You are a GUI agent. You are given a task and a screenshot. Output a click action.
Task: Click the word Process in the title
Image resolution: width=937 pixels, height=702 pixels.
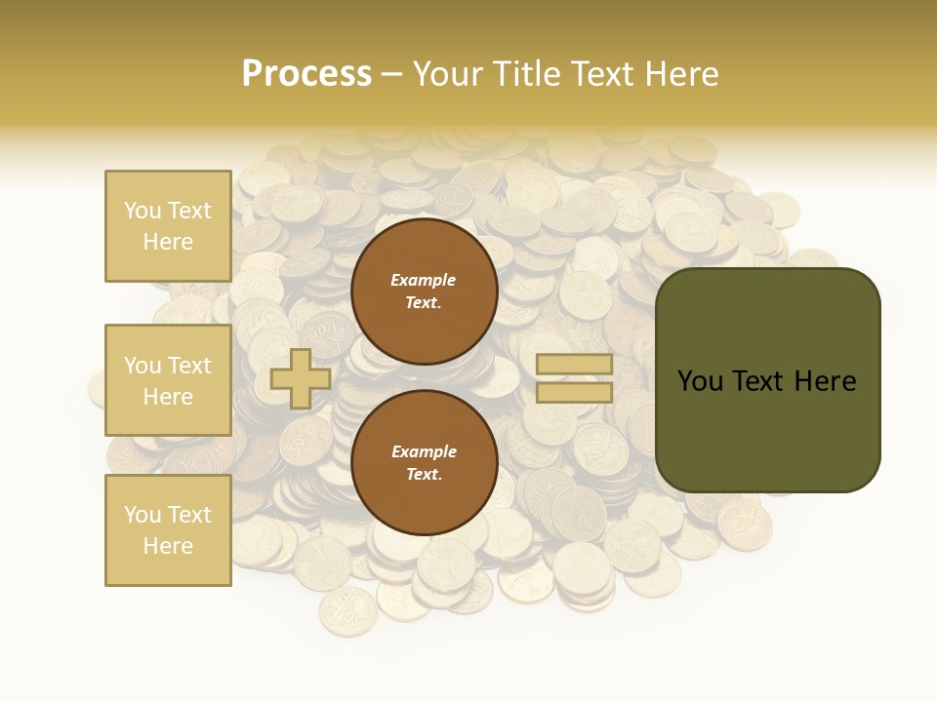coord(306,74)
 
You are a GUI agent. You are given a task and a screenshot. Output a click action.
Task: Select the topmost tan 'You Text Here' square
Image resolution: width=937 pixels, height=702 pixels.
coord(168,226)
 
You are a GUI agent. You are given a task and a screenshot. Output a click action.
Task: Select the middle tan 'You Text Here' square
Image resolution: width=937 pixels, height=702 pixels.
coord(168,380)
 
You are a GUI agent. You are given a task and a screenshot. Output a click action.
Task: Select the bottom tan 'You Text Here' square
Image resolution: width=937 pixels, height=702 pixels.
coord(168,529)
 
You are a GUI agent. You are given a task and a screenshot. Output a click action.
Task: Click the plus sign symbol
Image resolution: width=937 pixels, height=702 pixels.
coord(301,378)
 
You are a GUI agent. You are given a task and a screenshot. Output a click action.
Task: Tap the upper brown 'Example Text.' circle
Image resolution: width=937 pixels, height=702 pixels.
coord(424,292)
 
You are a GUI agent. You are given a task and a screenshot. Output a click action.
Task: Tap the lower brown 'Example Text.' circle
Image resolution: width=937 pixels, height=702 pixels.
coord(424,463)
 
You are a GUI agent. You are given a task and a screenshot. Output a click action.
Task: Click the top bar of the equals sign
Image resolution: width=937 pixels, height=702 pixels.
coord(574,365)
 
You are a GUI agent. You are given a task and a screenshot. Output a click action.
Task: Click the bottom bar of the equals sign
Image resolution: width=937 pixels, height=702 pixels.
coord(574,393)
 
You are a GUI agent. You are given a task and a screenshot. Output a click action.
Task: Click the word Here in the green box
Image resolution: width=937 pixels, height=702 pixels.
coord(826,381)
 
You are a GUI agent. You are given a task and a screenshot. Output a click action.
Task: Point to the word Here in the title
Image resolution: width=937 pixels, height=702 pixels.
coord(680,74)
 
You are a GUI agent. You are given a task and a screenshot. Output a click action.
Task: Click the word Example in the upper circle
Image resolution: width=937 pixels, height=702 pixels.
coord(424,281)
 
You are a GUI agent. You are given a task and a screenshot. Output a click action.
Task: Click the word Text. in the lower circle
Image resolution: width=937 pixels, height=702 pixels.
coord(424,475)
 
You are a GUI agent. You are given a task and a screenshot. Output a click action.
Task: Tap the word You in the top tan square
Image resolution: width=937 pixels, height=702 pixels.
coord(143,211)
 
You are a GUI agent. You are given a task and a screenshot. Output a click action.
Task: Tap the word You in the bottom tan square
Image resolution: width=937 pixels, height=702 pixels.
coord(143,515)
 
